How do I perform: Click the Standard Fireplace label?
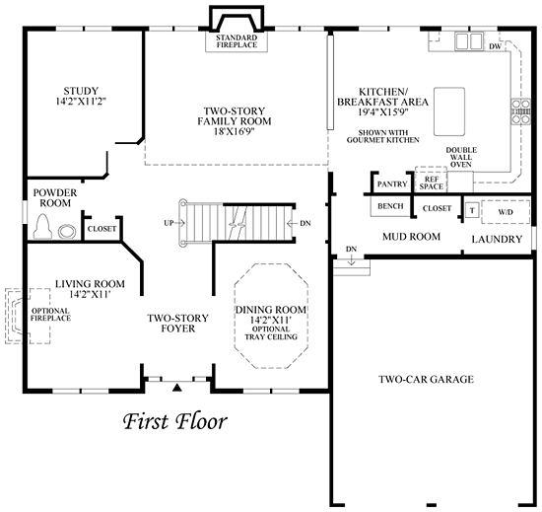[x=237, y=41]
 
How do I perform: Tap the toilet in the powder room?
[x=42, y=226]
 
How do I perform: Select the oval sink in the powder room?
[x=67, y=232]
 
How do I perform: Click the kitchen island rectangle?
[x=449, y=111]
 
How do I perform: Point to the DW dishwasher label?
[x=495, y=46]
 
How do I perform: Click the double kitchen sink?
[x=469, y=41]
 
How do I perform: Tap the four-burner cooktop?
[x=521, y=111]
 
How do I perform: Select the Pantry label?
[x=392, y=183]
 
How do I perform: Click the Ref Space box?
[x=431, y=180]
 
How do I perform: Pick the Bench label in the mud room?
[x=390, y=206]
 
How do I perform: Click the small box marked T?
[x=472, y=211]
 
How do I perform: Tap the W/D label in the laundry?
[x=506, y=212]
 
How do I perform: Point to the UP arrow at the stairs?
[x=174, y=223]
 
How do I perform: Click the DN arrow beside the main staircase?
[x=299, y=224]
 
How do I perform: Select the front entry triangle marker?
[x=177, y=387]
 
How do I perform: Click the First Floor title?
[x=175, y=421]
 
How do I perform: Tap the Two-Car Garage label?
[x=426, y=380]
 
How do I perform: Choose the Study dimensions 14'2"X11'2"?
[x=81, y=102]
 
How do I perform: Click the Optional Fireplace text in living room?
[x=50, y=315]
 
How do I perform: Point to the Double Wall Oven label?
[x=461, y=158]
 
